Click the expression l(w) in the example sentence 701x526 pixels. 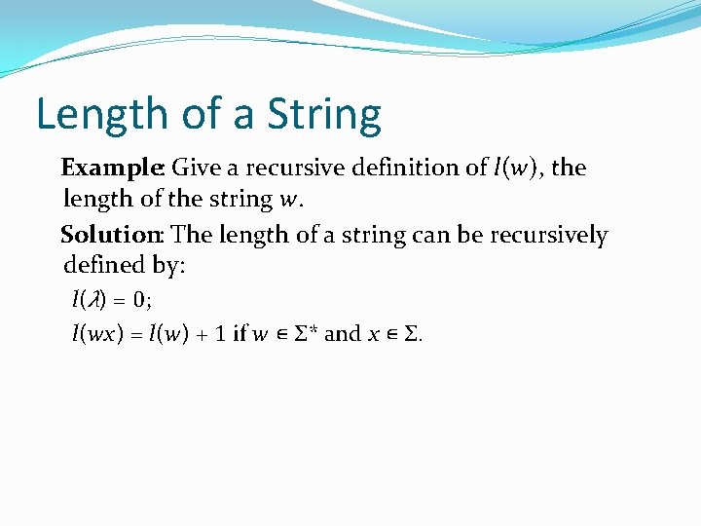517,168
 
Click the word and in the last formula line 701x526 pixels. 342,334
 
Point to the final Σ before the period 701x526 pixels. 410,334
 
